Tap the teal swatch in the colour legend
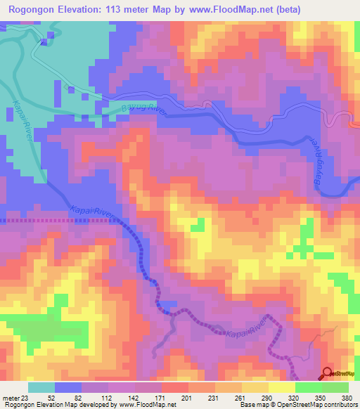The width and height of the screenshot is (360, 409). [41, 387]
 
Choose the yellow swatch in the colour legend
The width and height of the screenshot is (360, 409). [282, 387]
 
